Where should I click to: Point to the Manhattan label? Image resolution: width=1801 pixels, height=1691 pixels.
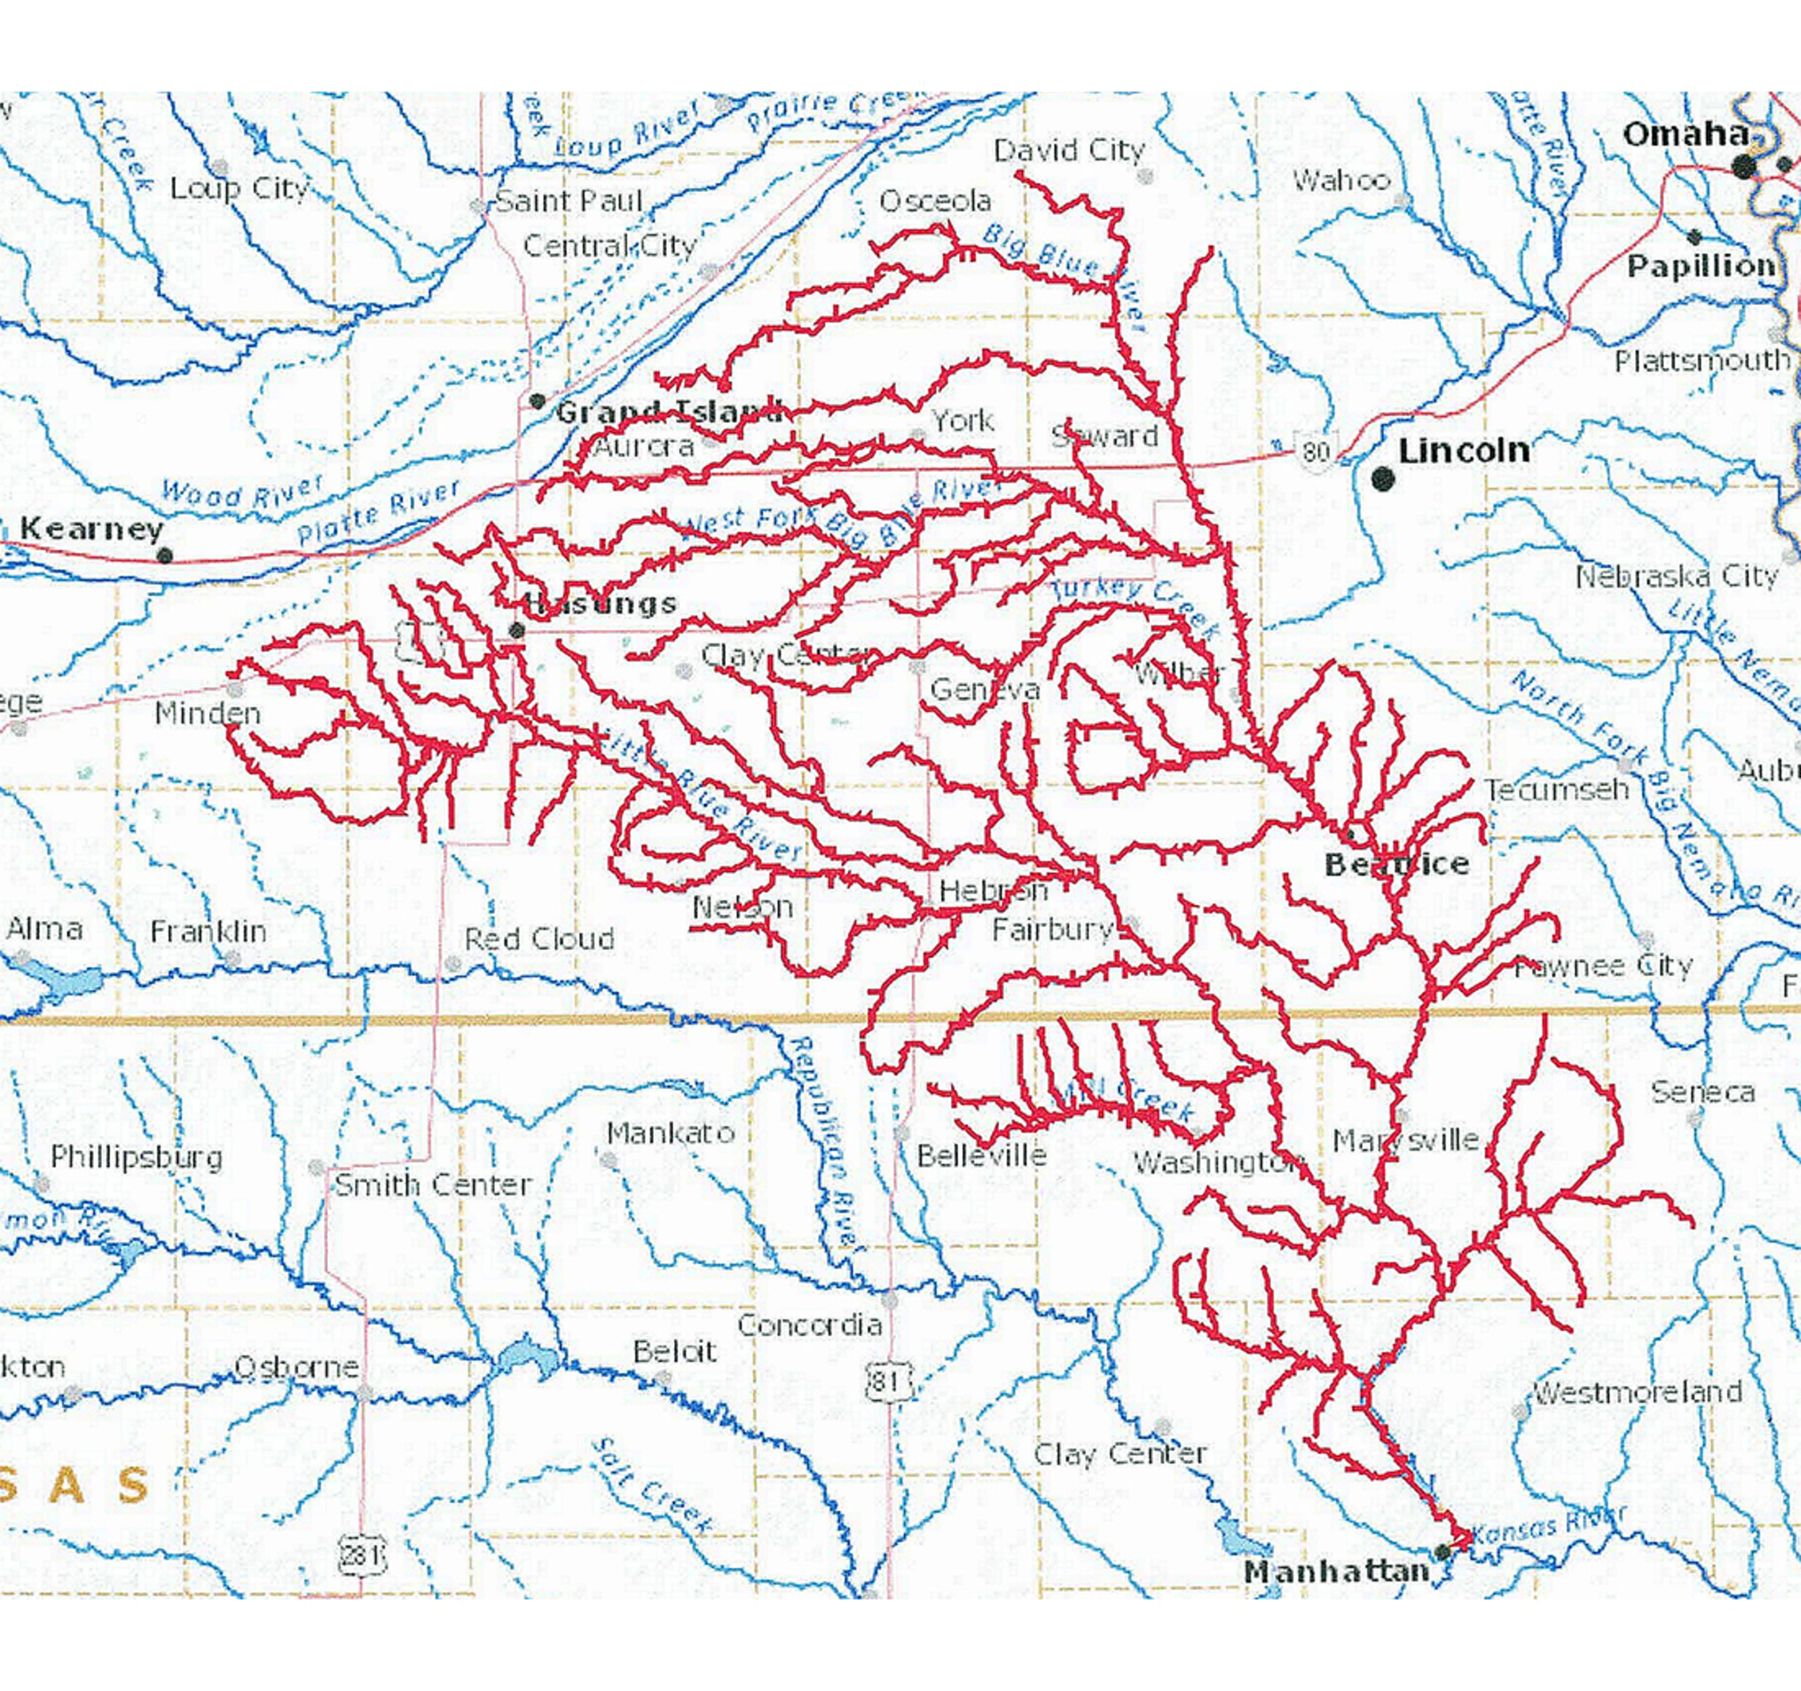1335,1572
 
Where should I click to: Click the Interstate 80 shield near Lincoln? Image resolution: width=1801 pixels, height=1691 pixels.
1316,450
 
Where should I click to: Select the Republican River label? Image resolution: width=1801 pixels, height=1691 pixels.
824,1142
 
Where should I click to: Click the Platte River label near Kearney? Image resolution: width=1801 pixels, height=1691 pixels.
379,513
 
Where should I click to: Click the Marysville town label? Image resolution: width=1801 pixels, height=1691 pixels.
1405,1140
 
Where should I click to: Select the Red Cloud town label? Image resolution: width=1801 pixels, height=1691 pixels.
539,938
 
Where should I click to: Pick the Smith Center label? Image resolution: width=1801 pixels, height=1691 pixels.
432,1185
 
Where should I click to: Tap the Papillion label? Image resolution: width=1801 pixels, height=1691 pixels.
1700,266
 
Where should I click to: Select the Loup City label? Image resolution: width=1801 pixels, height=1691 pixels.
239,188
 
